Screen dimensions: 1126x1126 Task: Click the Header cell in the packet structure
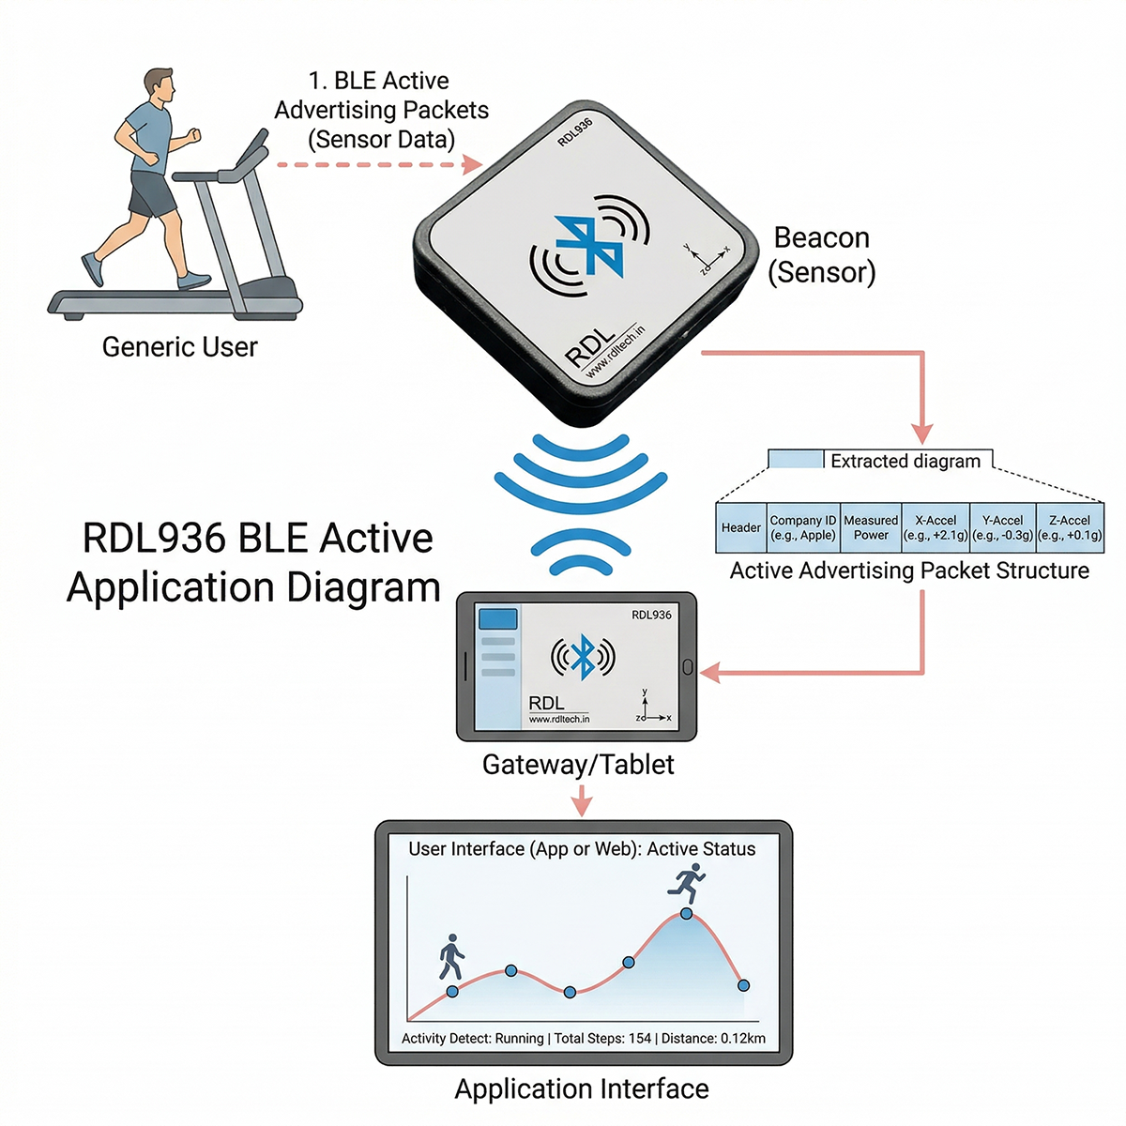click(740, 527)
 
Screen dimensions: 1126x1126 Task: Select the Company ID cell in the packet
click(802, 527)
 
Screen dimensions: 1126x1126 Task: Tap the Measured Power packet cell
click(871, 527)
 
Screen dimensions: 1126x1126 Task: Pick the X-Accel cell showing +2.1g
click(936, 527)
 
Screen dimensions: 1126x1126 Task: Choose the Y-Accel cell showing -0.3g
click(1002, 527)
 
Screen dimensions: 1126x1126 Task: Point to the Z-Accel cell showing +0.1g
click(1070, 527)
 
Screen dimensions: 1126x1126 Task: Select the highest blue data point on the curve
click(687, 913)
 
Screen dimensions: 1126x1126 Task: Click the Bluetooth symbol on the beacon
click(586, 247)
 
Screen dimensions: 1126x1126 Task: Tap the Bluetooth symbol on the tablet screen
click(583, 657)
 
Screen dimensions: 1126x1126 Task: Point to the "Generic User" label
click(179, 347)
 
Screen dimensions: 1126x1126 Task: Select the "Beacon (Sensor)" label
click(822, 255)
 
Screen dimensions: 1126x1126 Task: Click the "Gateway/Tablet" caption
click(578, 765)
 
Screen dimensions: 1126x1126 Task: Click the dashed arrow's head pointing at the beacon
click(472, 165)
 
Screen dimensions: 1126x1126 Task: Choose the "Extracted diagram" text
click(905, 461)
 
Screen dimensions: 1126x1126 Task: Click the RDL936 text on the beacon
click(574, 132)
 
